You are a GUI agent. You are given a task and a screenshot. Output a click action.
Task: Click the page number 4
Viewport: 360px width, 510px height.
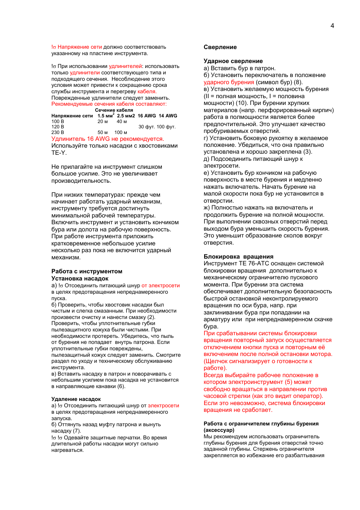pyautogui.click(x=332, y=26)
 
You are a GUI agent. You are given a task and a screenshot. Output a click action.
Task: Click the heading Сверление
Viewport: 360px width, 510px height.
pyautogui.click(x=220, y=47)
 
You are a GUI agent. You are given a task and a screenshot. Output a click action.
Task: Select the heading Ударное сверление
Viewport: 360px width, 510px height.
pyautogui.click(x=233, y=61)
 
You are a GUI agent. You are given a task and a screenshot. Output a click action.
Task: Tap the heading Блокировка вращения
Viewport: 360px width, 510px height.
pyautogui.click(x=238, y=257)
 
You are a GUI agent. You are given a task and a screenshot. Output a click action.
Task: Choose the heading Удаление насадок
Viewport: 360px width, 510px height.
pyautogui.click(x=76, y=399)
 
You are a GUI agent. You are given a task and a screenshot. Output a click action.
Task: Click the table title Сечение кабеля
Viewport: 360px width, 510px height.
pyautogui.click(x=114, y=110)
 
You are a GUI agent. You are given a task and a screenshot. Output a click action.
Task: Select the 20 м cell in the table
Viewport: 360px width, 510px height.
pyautogui.click(x=102, y=122)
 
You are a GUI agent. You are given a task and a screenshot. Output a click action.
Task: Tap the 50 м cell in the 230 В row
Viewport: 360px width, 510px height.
pyautogui.click(x=102, y=133)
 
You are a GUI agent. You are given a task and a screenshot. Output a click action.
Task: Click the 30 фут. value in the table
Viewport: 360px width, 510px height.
pyautogui.click(x=146, y=127)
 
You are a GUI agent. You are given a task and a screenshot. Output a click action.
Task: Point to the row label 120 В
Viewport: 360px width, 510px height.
pyautogui.click(x=57, y=127)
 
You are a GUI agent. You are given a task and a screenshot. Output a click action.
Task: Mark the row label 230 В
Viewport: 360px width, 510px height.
pyautogui.click(x=57, y=133)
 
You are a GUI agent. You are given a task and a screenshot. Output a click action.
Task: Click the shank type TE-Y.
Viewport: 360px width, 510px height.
pyautogui.click(x=58, y=153)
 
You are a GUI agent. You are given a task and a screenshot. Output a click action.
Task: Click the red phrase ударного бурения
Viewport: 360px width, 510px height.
pyautogui.click(x=229, y=82)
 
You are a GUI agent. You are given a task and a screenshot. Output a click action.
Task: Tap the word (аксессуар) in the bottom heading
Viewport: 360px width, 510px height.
pyautogui.click(x=219, y=430)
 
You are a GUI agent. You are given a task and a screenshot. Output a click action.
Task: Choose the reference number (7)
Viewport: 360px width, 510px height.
pyautogui.click(x=77, y=431)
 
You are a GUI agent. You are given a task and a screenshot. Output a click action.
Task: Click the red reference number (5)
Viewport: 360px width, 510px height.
pyautogui.click(x=288, y=382)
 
